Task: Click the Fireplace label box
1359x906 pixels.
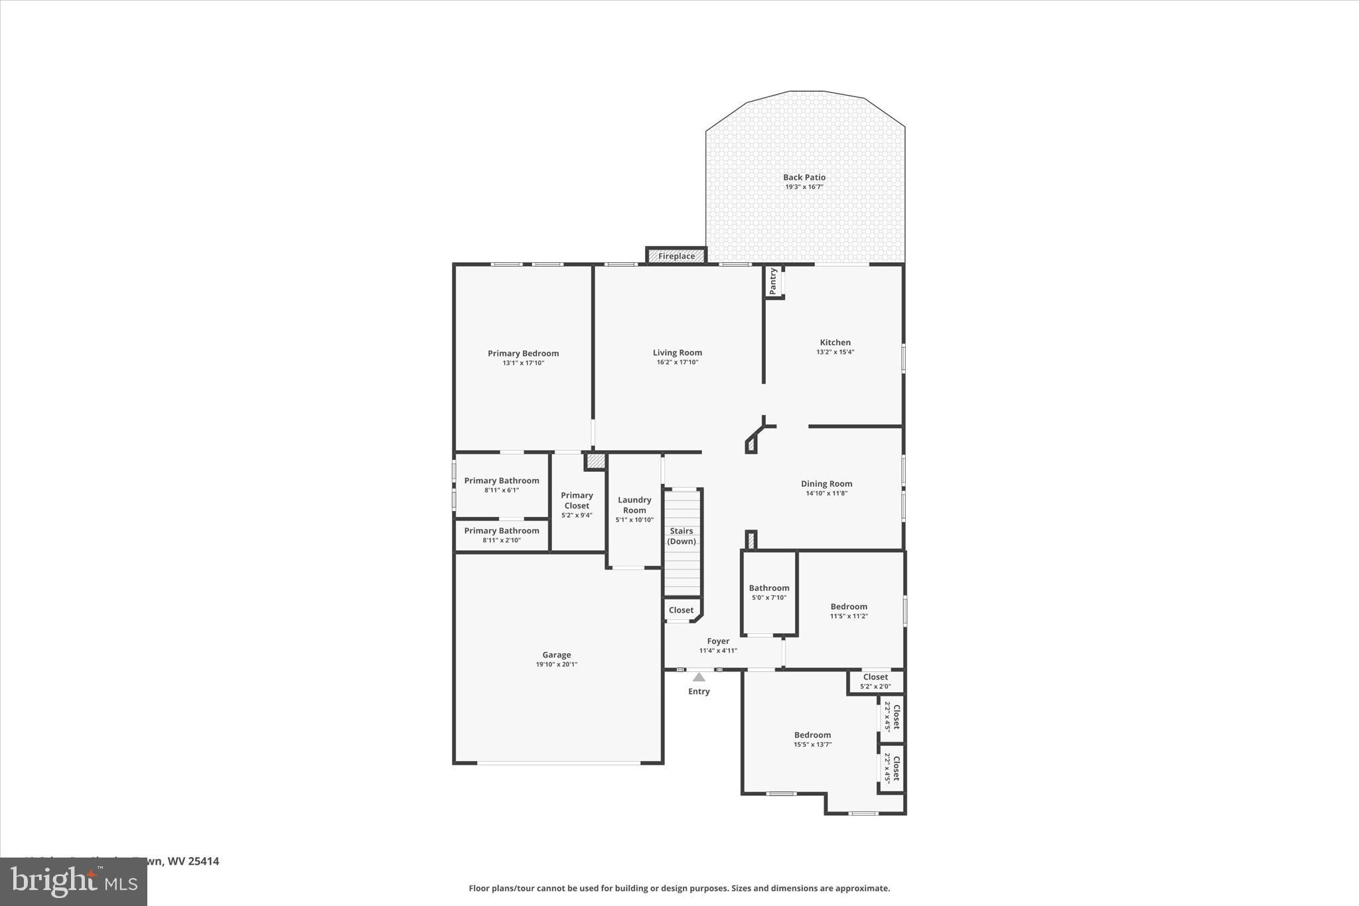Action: (676, 256)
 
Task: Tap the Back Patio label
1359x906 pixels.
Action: (804, 177)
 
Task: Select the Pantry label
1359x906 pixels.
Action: (772, 281)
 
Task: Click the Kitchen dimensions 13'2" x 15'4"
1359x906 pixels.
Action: (835, 352)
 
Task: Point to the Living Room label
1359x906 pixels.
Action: (677, 353)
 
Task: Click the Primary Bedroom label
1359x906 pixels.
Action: (523, 354)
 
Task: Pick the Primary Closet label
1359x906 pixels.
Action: (577, 500)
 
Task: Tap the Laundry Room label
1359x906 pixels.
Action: (634, 505)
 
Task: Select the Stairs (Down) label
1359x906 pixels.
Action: (681, 536)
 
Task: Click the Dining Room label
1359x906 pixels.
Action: (826, 484)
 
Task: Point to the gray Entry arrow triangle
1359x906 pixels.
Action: (699, 678)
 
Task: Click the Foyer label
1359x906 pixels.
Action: (718, 641)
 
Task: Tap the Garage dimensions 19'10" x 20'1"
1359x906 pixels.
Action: (557, 664)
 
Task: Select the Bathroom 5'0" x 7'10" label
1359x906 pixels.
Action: (769, 588)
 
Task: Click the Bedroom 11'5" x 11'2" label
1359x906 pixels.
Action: (849, 607)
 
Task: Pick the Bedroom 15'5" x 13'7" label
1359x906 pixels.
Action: (812, 735)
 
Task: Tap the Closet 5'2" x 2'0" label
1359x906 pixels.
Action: (875, 677)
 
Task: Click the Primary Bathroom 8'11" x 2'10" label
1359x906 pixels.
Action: (502, 531)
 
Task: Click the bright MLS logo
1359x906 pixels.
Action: (74, 881)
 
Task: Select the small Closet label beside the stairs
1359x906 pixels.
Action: (681, 610)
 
